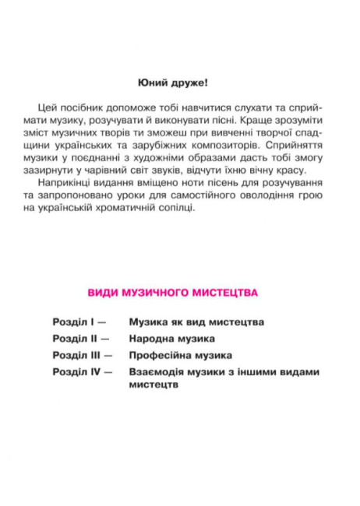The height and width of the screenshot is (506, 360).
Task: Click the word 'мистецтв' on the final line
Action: point(154,385)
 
